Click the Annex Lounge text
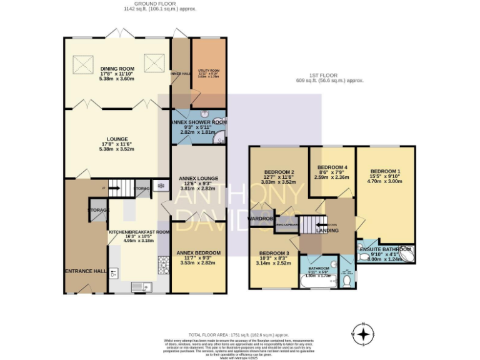click(197, 179)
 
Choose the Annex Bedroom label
click(197, 253)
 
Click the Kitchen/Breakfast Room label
click(139, 232)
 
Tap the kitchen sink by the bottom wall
click(139, 286)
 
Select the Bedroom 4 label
click(332, 167)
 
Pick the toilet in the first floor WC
click(347, 281)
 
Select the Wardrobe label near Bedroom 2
click(261, 219)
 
